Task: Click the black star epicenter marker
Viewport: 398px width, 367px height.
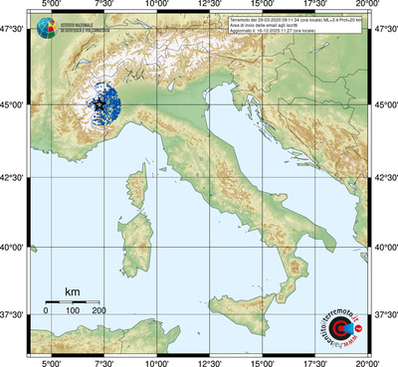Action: tap(99, 104)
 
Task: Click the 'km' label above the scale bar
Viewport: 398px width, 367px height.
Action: tap(73, 291)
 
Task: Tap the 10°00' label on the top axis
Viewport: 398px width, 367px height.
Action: tap(156, 7)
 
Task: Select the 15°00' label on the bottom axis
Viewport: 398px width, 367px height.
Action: tap(263, 360)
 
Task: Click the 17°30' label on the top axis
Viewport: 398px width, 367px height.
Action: tap(316, 7)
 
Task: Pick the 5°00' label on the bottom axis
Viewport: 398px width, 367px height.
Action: tap(51, 360)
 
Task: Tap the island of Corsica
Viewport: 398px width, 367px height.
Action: tap(147, 184)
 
